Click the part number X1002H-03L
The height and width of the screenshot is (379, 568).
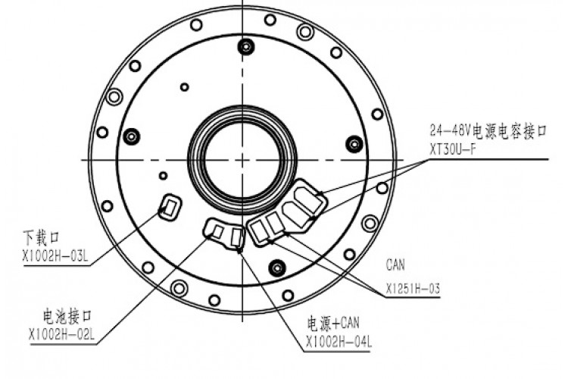[55, 256]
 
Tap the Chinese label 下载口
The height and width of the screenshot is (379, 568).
[41, 237]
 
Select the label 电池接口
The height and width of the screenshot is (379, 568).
[67, 316]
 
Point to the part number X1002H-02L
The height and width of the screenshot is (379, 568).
[61, 334]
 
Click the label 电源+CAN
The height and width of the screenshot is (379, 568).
[333, 323]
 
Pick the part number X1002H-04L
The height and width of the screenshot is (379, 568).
[339, 342]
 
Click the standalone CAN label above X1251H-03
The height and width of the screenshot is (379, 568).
[395, 265]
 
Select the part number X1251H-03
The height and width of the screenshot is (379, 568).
[413, 289]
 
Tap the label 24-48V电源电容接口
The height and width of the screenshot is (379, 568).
[488, 131]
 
